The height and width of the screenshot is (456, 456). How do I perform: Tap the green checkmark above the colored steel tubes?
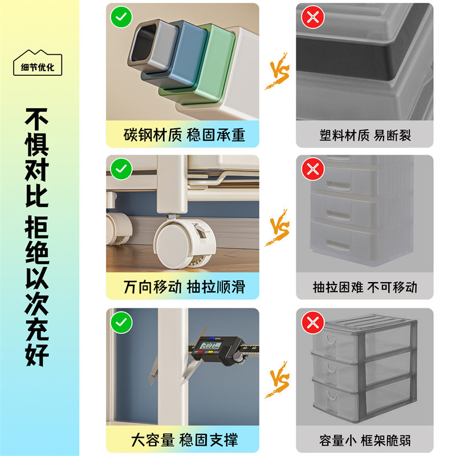pyautogui.click(x=121, y=17)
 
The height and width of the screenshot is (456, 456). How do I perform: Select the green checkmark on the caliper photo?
pyautogui.click(x=121, y=322)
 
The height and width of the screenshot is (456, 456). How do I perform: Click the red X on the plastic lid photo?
pyautogui.click(x=312, y=17)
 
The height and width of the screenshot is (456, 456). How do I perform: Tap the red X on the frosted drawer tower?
pyautogui.click(x=312, y=169)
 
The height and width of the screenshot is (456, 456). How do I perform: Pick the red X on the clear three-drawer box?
pyautogui.click(x=312, y=322)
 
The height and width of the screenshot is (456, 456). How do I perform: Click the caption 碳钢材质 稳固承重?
pyautogui.click(x=184, y=135)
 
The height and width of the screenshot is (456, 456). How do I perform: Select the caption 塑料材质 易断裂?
pyautogui.click(x=365, y=135)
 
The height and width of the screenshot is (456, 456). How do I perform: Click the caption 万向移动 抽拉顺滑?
pyautogui.click(x=184, y=286)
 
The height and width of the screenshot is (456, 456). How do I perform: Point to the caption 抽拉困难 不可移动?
pyautogui.click(x=365, y=287)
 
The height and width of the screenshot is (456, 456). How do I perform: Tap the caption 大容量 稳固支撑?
pyautogui.click(x=184, y=439)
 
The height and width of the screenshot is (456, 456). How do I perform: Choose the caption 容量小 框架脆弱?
pyautogui.click(x=365, y=440)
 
